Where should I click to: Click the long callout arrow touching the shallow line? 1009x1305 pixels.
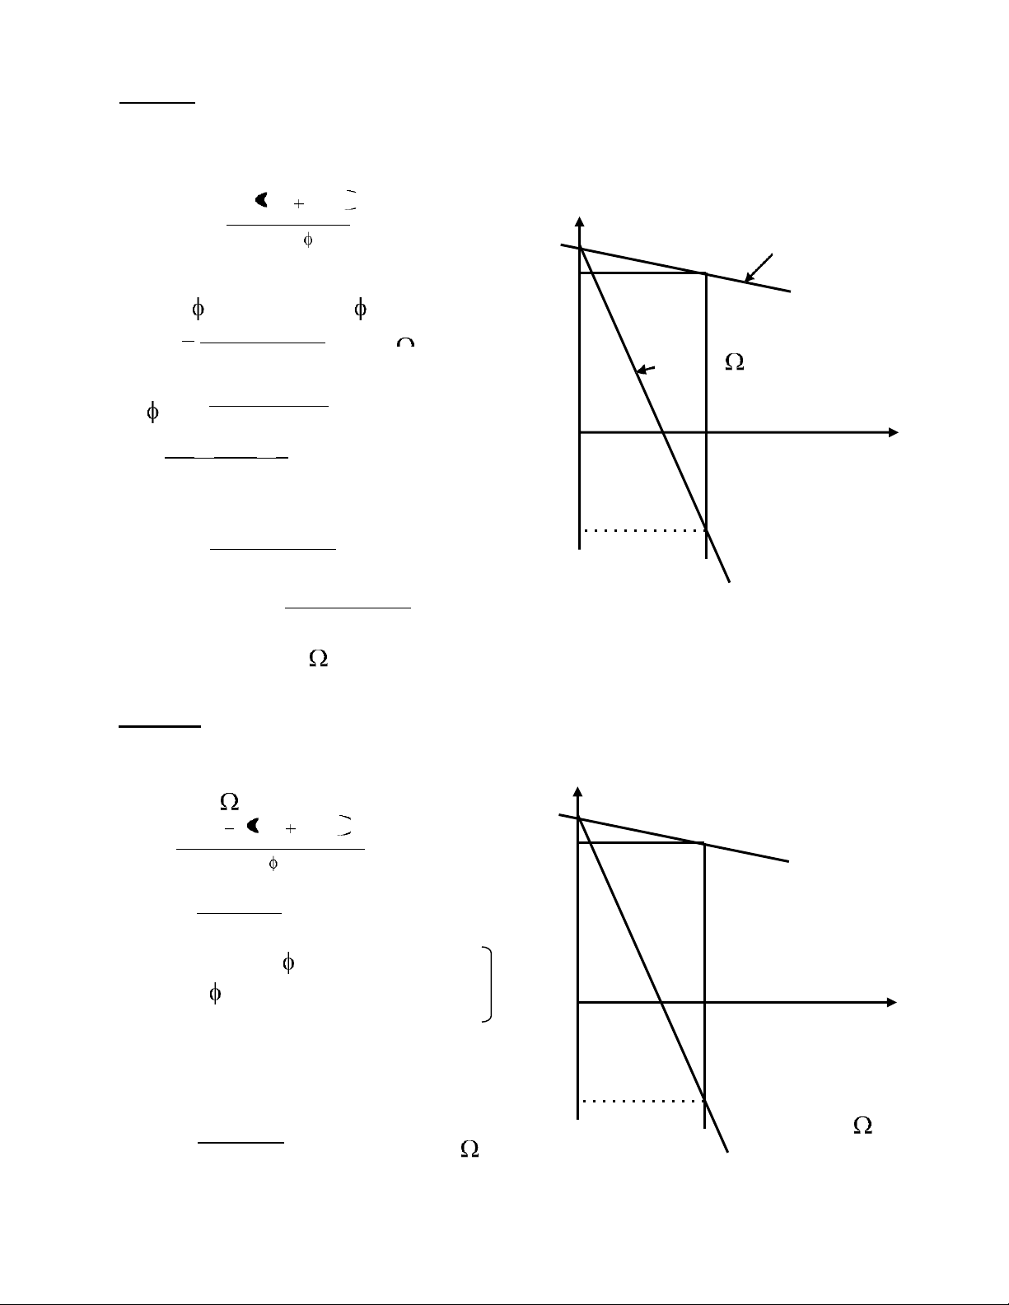click(759, 268)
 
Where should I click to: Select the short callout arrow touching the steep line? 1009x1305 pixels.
click(647, 371)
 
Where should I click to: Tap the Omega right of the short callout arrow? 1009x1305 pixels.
click(734, 362)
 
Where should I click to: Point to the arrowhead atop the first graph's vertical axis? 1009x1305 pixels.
click(580, 221)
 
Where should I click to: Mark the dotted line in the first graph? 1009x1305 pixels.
click(642, 531)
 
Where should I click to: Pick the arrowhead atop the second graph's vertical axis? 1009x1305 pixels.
click(579, 792)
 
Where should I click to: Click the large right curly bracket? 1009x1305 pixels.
click(489, 985)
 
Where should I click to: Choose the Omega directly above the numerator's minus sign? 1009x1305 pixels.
click(229, 801)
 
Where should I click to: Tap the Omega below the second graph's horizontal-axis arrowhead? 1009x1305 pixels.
click(862, 1126)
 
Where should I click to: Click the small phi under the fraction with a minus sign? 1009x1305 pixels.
click(273, 864)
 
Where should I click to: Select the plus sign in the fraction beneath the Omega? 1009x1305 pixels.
click(290, 828)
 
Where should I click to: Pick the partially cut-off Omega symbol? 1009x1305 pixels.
click(404, 342)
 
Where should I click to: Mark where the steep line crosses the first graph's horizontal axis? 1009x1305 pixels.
click(662, 432)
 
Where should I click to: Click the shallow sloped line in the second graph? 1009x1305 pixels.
click(741, 852)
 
